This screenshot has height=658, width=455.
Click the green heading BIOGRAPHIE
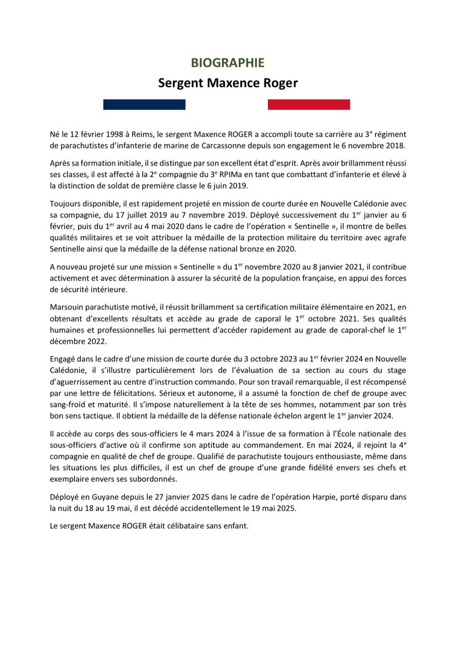pyautogui.click(x=227, y=63)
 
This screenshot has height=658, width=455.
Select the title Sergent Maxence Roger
pyautogui.click(x=227, y=83)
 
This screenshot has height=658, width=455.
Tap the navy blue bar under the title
pyautogui.click(x=144, y=104)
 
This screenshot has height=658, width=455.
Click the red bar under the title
pyautogui.click(x=308, y=104)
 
